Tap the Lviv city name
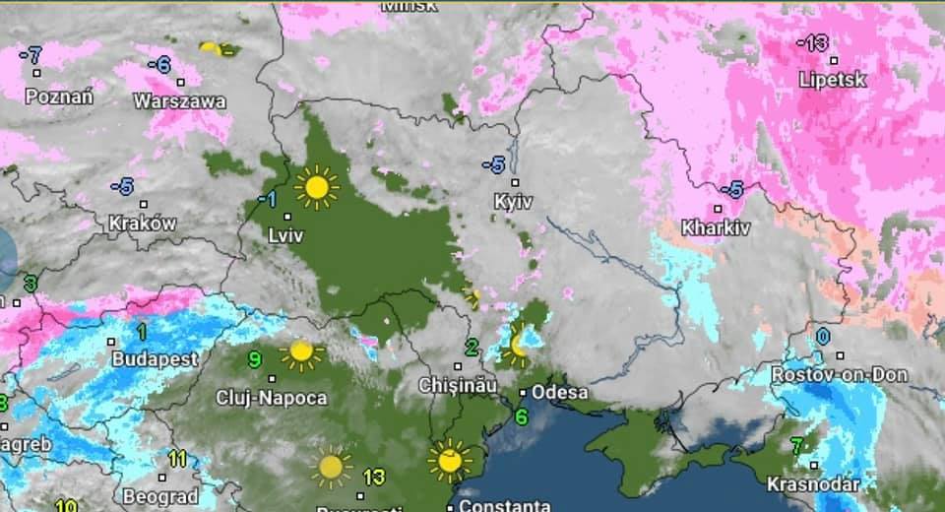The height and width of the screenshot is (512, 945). click(286, 235)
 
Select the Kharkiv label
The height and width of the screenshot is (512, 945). click(717, 227)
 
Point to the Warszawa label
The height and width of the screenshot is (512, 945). click(179, 100)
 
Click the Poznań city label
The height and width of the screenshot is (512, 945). click(59, 96)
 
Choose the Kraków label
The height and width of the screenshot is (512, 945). click(143, 224)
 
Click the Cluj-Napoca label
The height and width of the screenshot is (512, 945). click(272, 398)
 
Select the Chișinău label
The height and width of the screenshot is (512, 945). click(459, 385)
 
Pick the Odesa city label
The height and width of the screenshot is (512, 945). click(560, 392)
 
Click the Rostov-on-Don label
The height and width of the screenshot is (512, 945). click(839, 375)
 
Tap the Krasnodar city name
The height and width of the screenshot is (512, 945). click(813, 484)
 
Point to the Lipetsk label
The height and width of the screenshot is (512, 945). click(833, 80)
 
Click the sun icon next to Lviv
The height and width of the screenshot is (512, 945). click(316, 186)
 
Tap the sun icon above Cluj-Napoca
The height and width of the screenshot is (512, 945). click(300, 352)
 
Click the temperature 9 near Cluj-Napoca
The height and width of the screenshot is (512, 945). click(254, 359)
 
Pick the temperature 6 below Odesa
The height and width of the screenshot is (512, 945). click(521, 416)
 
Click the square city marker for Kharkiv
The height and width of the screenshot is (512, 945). click(718, 209)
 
